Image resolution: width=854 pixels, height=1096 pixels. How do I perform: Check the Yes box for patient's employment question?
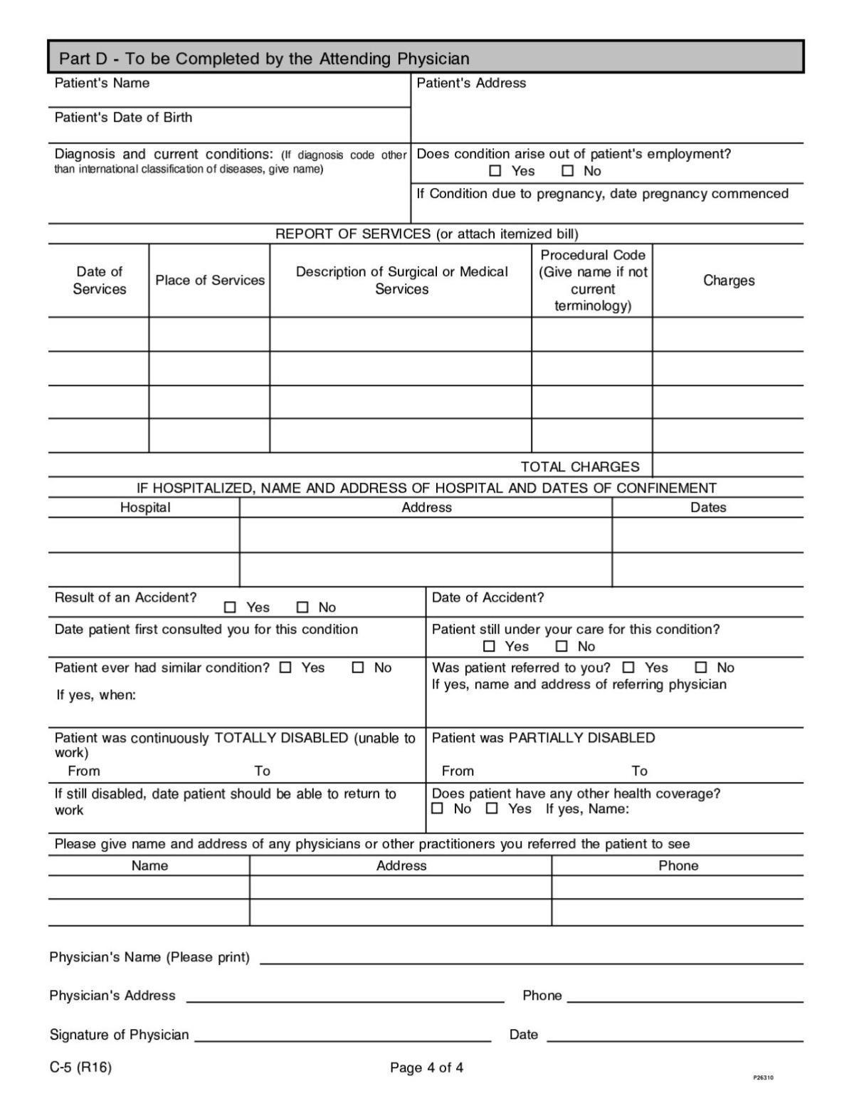pyautogui.click(x=495, y=171)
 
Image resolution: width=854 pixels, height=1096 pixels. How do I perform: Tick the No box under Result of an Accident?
pyautogui.click(x=303, y=607)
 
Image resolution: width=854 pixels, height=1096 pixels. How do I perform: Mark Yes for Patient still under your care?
pyautogui.click(x=489, y=647)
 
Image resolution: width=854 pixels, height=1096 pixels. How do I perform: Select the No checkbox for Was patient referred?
pyautogui.click(x=702, y=668)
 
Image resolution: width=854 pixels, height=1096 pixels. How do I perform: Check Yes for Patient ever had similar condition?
pyautogui.click(x=285, y=668)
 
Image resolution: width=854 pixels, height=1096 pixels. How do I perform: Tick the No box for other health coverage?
pyautogui.click(x=438, y=809)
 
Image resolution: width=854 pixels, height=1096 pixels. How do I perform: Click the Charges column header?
pyautogui.click(x=729, y=281)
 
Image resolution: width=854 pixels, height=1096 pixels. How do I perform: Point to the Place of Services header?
pyautogui.click(x=210, y=281)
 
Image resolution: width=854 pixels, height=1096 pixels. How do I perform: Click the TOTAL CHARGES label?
pyautogui.click(x=580, y=467)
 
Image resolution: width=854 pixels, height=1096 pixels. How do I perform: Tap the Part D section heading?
pyautogui.click(x=264, y=58)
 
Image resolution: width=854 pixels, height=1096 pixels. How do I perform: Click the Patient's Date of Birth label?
pyautogui.click(x=123, y=118)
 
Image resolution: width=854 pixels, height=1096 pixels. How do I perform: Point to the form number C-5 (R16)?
pyautogui.click(x=80, y=1068)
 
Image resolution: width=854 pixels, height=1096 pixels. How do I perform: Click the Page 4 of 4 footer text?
pyautogui.click(x=426, y=1068)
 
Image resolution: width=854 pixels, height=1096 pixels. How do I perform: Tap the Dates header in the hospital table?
pyautogui.click(x=708, y=508)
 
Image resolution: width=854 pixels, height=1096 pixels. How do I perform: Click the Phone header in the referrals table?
pyautogui.click(x=678, y=866)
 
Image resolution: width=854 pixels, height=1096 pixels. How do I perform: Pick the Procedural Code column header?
pyautogui.click(x=593, y=281)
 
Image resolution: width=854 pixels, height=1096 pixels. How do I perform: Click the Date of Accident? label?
pyautogui.click(x=487, y=598)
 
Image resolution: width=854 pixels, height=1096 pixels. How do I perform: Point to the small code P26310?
pyautogui.click(x=763, y=1078)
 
